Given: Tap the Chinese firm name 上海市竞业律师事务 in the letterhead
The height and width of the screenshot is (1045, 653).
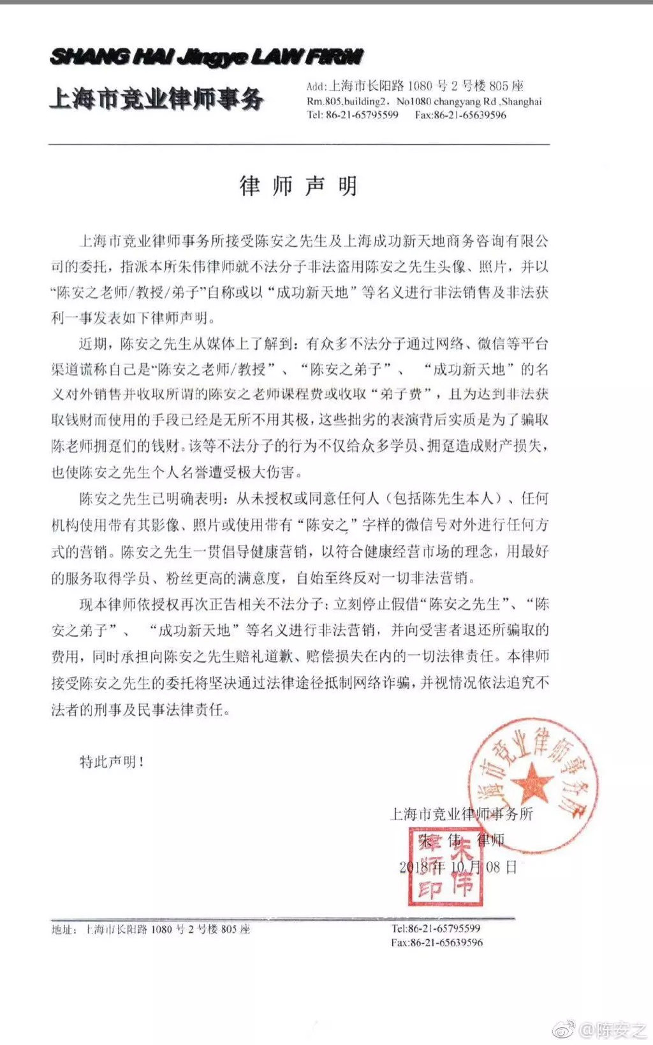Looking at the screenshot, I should click(x=157, y=99).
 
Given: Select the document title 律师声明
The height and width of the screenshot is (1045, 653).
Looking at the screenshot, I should click(x=298, y=186).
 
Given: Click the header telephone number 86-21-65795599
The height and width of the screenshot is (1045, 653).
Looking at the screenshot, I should click(x=362, y=115).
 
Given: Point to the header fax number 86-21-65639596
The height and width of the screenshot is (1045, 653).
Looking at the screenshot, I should click(x=470, y=115).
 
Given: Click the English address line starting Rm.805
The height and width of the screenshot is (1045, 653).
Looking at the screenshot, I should click(x=424, y=101).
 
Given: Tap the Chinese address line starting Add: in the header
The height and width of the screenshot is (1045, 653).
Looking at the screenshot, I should click(x=415, y=86).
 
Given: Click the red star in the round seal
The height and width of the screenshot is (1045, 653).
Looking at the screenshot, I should click(x=531, y=782).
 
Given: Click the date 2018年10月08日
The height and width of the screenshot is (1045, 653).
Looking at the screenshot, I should click(x=458, y=867).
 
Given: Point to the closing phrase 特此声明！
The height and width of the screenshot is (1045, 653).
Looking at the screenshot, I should click(x=112, y=761).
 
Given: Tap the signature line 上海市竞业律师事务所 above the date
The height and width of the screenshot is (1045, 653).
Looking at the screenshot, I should click(x=461, y=814).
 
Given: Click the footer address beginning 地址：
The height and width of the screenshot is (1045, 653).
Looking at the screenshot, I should click(x=151, y=930).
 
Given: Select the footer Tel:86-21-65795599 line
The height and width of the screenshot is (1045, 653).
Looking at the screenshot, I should click(x=436, y=929).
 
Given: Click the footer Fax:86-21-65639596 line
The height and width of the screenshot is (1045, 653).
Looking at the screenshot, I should click(x=437, y=942).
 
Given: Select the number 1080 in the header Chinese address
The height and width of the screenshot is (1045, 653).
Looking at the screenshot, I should click(x=420, y=86).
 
